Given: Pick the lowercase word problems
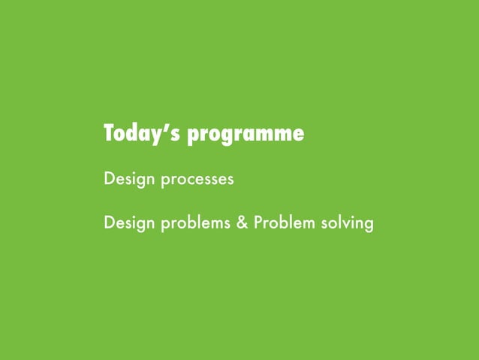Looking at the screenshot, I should [x=196, y=224].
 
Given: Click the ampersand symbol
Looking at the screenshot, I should [x=243, y=224].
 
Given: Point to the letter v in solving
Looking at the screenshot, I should [x=345, y=224].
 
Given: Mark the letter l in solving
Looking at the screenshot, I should [x=337, y=223].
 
